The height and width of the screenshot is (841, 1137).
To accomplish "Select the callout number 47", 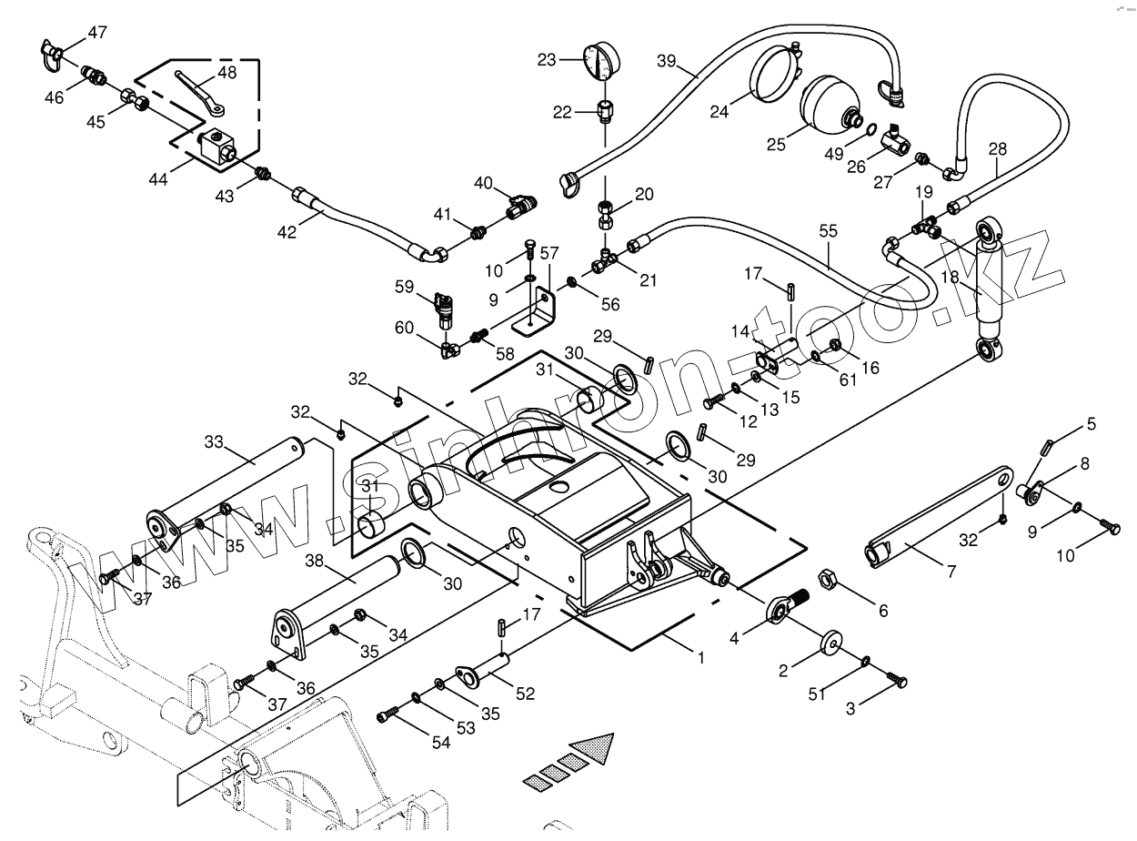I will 97,33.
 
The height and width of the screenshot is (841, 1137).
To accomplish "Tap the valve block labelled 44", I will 218,145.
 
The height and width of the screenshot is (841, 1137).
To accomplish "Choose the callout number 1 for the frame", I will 700,657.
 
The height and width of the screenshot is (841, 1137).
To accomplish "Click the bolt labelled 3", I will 898,679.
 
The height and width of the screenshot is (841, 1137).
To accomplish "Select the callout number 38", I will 315,562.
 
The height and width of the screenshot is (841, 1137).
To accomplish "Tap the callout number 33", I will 213,441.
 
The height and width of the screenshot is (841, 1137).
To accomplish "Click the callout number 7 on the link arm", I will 951,572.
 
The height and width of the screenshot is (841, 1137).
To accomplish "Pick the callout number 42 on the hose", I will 287,232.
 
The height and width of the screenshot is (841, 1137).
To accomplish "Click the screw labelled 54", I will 389,717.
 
